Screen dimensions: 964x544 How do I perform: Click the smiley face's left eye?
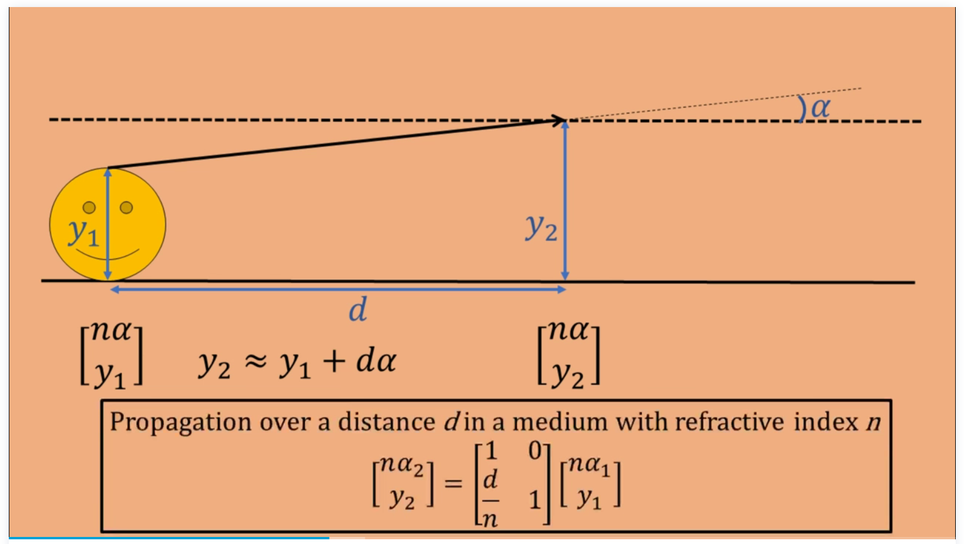pos(89,207)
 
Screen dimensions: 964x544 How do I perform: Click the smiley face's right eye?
pos(126,207)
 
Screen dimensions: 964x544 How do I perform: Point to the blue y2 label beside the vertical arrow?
pos(541,227)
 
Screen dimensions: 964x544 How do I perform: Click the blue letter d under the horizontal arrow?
pos(358,309)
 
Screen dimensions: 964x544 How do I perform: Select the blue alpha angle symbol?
pos(821,108)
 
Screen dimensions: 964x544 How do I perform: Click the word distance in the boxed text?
pos(386,422)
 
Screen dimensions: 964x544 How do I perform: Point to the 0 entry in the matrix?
pos(535,451)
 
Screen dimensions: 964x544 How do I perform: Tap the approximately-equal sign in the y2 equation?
pos(256,361)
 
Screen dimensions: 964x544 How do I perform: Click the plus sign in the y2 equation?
pos(333,361)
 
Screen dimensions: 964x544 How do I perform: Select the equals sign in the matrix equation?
pos(453,483)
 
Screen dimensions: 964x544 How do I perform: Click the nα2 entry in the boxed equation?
pos(402,465)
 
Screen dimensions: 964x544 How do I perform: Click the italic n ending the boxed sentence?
pos(874,423)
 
